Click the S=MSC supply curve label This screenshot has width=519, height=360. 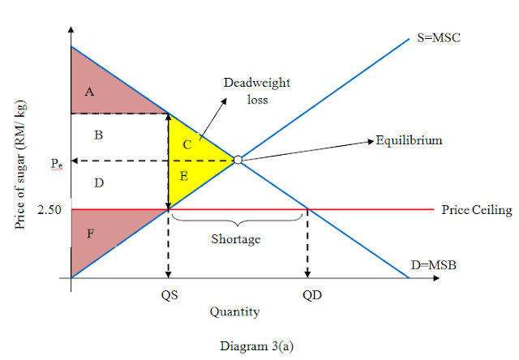pyautogui.click(x=439, y=39)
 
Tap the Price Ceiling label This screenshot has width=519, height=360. pyautogui.click(x=476, y=210)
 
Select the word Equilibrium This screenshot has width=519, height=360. pyautogui.click(x=410, y=140)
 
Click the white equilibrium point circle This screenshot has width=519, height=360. pyautogui.click(x=238, y=160)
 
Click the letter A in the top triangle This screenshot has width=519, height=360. pyautogui.click(x=90, y=92)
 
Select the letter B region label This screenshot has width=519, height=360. pyautogui.click(x=98, y=135)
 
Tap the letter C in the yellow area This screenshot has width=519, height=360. pyautogui.click(x=186, y=144)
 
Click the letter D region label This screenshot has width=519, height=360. pyautogui.click(x=98, y=183)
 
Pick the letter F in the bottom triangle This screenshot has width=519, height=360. pyautogui.click(x=90, y=234)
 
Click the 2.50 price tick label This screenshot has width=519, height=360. pyautogui.click(x=49, y=210)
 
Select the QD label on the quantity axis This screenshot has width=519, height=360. pyautogui.click(x=312, y=295)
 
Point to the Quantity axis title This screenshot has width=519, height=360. pyautogui.click(x=234, y=311)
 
